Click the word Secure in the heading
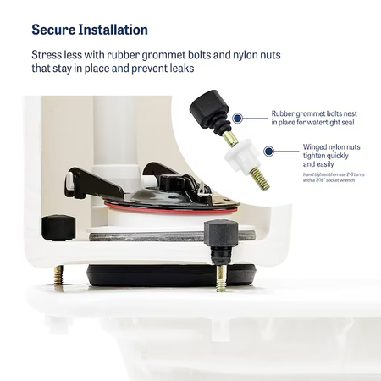[x=53, y=30]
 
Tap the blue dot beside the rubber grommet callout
[x=238, y=118]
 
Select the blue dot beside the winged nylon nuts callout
[x=269, y=152]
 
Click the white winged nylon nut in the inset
[x=242, y=155]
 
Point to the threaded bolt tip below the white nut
[x=260, y=179]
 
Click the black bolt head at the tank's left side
[x=58, y=228]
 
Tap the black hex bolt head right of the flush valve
[x=221, y=233]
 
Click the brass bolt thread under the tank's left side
[x=58, y=275]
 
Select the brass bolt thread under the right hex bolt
[x=221, y=278]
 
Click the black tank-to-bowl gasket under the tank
[x=171, y=276]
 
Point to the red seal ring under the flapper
[x=169, y=209]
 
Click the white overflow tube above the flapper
[x=115, y=135]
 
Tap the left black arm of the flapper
[x=93, y=183]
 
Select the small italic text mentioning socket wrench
[x=334, y=177]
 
